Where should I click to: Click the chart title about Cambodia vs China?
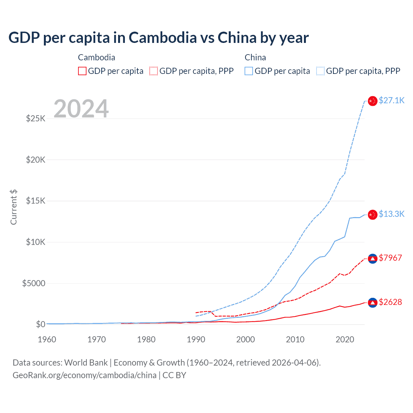[158, 38]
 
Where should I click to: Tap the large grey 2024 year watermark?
[81, 109]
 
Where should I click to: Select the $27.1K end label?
[391, 100]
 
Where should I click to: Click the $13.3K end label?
[391, 214]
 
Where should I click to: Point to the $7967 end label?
[390, 258]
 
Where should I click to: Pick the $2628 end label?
[390, 302]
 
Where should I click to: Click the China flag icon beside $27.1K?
[373, 101]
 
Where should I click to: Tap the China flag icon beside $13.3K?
[373, 215]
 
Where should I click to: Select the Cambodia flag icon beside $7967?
[373, 259]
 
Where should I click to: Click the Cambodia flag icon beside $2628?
[373, 303]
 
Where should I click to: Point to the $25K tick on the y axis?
[36, 118]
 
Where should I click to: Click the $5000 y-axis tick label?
[34, 283]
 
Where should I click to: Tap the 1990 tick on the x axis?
[196, 339]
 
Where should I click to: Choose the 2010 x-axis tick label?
[295, 339]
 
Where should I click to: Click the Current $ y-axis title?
[14, 207]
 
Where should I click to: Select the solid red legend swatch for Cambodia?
[82, 71]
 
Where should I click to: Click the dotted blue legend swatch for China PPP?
[320, 71]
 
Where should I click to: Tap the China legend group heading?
[255, 57]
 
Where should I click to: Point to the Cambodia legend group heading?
[96, 57]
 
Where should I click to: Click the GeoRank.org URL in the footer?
[85, 375]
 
